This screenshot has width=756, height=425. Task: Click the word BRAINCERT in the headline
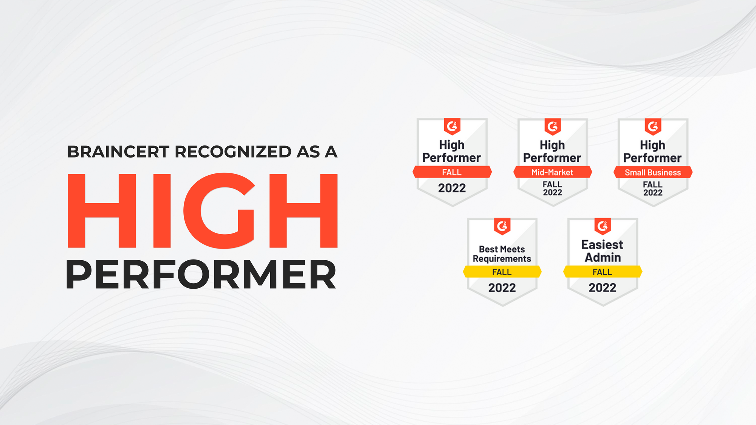click(x=118, y=152)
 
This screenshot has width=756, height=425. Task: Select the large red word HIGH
click(x=202, y=210)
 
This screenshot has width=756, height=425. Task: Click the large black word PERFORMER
click(x=201, y=275)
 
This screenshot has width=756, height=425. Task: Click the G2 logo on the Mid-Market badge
click(x=552, y=127)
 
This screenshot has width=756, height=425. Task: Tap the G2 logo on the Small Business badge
click(x=653, y=127)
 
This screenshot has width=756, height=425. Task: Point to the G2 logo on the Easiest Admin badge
click(x=602, y=226)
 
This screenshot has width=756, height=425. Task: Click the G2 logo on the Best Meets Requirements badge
click(x=502, y=226)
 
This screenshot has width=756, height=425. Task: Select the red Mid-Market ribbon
click(x=552, y=172)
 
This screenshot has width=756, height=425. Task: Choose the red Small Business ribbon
click(x=653, y=172)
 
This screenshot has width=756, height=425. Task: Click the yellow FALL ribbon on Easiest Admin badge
click(x=602, y=272)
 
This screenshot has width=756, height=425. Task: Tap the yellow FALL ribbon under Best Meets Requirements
click(x=502, y=272)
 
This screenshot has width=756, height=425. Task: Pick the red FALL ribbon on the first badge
click(x=452, y=172)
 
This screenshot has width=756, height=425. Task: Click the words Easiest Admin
click(x=602, y=251)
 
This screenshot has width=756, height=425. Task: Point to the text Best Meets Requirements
click(x=502, y=254)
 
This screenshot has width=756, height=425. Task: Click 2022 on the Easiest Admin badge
click(x=602, y=288)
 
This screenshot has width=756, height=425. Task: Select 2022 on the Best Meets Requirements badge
click(x=502, y=288)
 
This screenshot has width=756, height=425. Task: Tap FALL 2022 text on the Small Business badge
click(x=653, y=189)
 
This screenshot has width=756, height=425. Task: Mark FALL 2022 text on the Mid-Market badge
click(x=552, y=189)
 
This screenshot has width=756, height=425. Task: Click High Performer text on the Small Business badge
click(x=652, y=151)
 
